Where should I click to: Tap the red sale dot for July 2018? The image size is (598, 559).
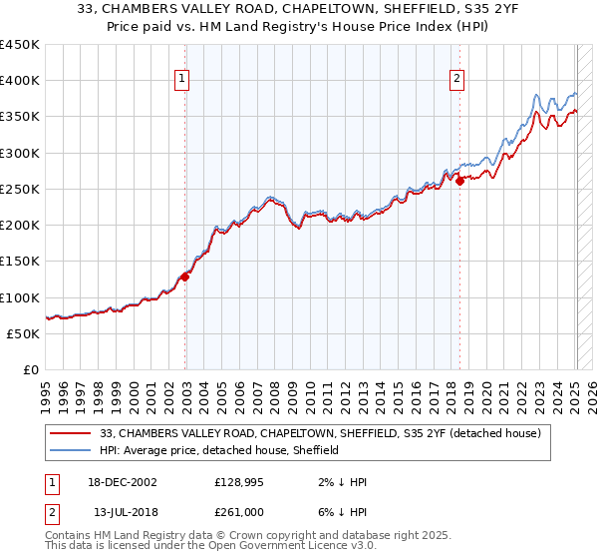tap(459, 181)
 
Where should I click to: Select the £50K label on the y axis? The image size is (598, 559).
tap(23, 333)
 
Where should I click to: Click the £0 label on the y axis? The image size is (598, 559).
tap(30, 369)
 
